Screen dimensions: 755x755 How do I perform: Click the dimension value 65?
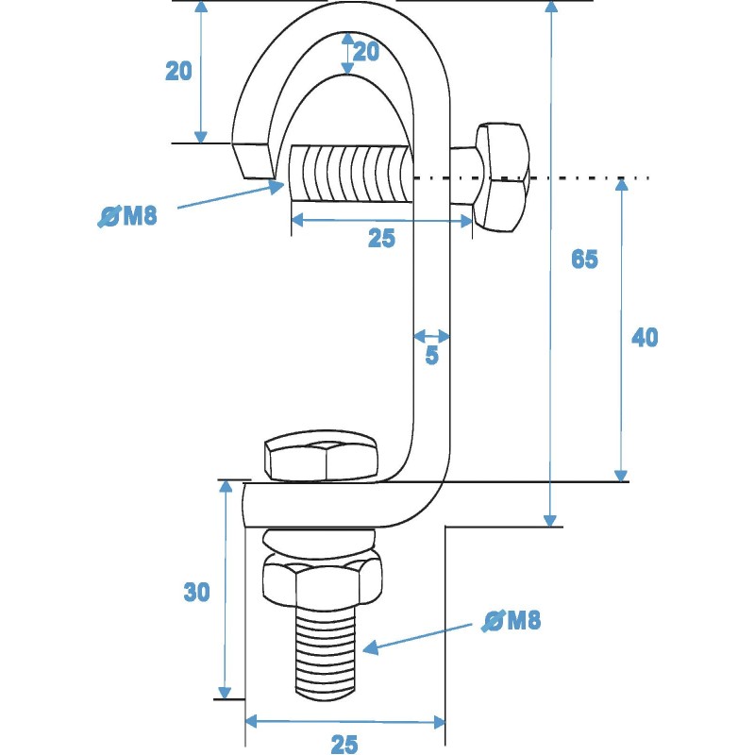(x=584, y=259)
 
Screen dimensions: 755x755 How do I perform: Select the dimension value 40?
(x=645, y=337)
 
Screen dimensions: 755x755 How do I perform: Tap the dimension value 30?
(x=196, y=592)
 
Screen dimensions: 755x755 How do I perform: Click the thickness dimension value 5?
(x=431, y=357)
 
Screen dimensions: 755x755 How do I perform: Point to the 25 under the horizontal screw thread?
(x=381, y=239)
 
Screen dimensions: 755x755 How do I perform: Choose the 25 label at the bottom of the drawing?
(x=344, y=744)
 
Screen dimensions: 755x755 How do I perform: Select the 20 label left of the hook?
(x=179, y=71)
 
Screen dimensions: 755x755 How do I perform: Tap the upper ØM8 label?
(x=127, y=217)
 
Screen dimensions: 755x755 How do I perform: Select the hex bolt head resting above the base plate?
(x=321, y=460)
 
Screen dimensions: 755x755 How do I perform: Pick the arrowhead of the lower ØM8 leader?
(x=370, y=647)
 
